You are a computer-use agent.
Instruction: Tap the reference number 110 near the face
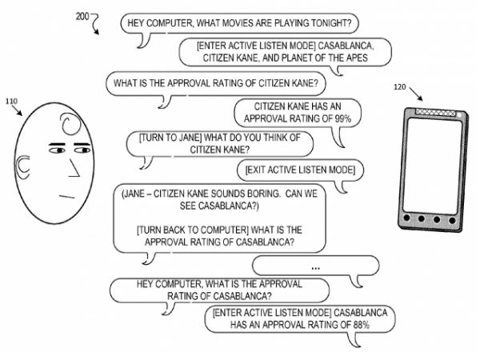point(12,102)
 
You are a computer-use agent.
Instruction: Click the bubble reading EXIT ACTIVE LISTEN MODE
point(301,170)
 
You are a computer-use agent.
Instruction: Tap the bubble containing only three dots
point(315,266)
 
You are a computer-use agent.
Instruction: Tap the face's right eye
point(82,149)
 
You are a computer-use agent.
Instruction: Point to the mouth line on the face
point(67,195)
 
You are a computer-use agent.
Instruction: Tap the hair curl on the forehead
point(67,123)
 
